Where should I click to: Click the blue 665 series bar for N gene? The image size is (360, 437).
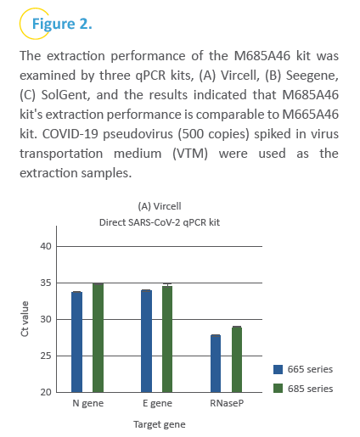[76, 342]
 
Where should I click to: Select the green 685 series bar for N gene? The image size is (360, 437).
[98, 338]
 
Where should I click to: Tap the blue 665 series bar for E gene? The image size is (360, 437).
[146, 341]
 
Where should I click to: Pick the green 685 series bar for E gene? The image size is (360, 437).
[167, 339]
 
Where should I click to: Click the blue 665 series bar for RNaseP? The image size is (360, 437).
[216, 364]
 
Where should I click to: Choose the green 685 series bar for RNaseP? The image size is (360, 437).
[237, 360]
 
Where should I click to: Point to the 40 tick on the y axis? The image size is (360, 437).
[46, 246]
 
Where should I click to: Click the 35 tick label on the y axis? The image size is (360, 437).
[46, 283]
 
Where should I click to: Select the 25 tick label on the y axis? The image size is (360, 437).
[46, 356]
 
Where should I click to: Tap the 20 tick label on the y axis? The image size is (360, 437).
[46, 392]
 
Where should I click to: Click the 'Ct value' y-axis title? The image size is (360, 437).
[25, 319]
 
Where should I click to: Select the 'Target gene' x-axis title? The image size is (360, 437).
[160, 424]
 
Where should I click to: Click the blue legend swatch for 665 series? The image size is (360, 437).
[278, 369]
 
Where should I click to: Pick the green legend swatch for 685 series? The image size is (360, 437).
[278, 389]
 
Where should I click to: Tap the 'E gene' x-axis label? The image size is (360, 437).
[157, 403]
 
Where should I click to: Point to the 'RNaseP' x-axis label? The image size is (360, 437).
[227, 403]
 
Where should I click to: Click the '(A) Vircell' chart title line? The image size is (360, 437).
[160, 206]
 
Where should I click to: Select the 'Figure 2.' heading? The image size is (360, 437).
[62, 24]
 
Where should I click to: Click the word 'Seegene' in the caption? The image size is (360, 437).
[312, 76]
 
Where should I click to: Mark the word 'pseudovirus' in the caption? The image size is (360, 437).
[138, 134]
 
